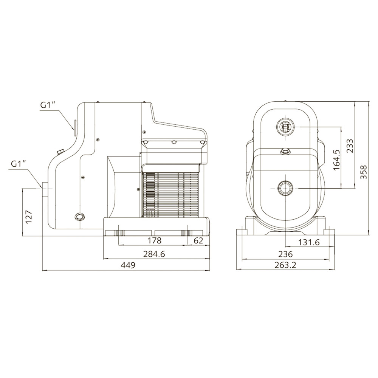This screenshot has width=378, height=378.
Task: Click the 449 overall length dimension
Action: tap(128, 265)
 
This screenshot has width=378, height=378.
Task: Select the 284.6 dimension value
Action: tap(154, 254)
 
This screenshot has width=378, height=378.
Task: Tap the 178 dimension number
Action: tap(154, 240)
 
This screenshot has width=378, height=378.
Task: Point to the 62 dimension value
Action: tap(198, 240)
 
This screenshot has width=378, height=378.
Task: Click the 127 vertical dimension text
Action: tap(29, 217)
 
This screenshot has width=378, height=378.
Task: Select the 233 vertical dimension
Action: tap(350, 146)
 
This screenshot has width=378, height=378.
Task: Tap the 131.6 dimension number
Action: tap(309, 242)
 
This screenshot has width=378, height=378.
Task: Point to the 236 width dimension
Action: tap(285, 254)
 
